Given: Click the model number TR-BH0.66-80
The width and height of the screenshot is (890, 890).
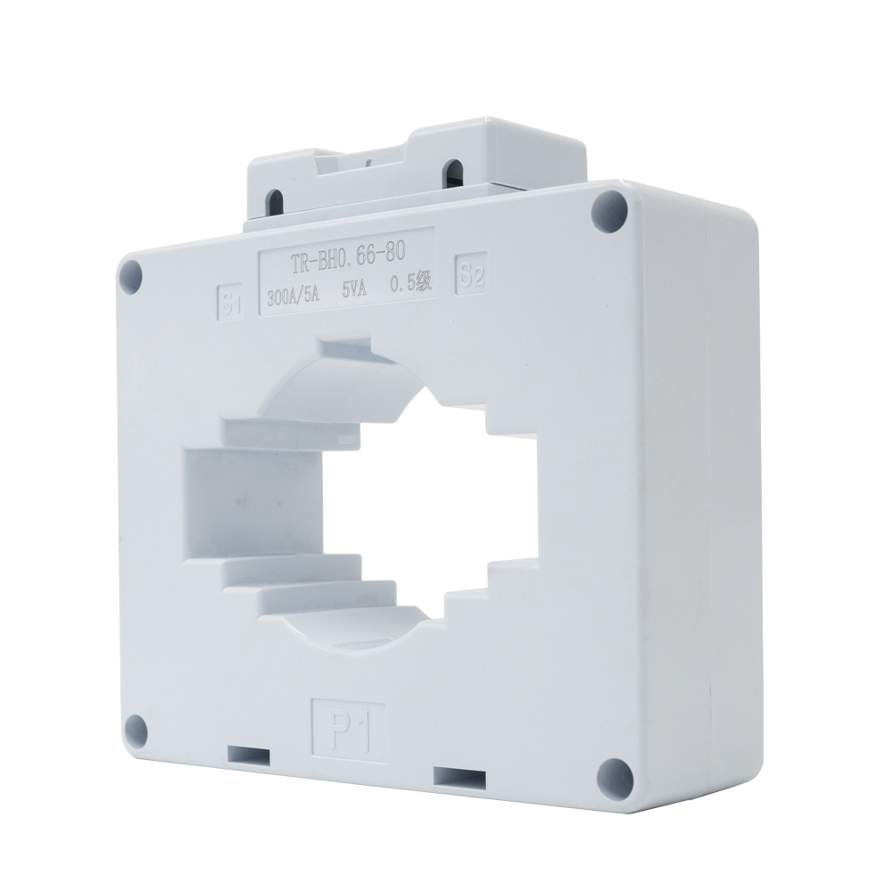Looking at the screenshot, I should [345, 259].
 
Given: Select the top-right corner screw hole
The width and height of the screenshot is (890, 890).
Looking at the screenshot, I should [610, 208].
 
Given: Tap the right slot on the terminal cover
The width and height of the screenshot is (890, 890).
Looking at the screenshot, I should [455, 171].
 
